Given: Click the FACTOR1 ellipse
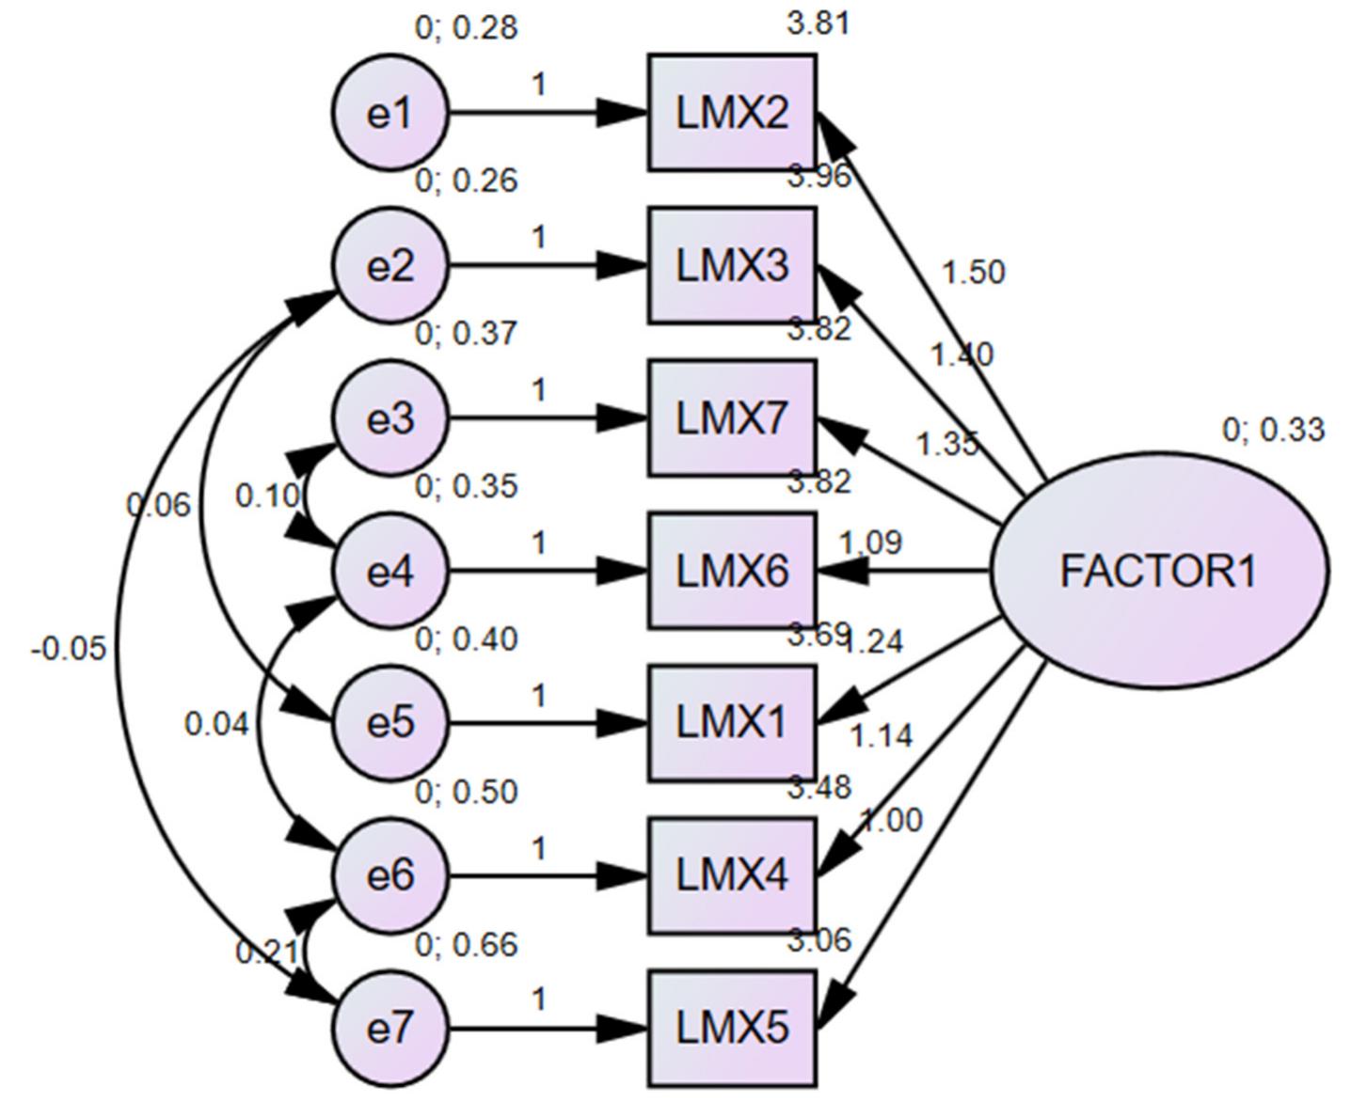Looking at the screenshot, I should tap(1159, 571).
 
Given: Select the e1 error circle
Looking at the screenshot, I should tap(390, 114).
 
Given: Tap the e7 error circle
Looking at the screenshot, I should tap(390, 1029).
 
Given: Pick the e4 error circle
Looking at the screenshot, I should tap(390, 571).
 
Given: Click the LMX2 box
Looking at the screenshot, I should tap(732, 114).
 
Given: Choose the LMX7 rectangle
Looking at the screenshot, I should tap(732, 418).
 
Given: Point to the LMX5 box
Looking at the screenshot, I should tap(732, 1029).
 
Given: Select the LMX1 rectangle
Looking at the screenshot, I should tap(732, 723).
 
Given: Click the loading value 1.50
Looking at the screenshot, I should tap(973, 273).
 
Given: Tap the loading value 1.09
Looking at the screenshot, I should tap(870, 543).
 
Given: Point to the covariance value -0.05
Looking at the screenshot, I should tap(69, 649).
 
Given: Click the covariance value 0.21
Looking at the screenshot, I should tap(266, 953).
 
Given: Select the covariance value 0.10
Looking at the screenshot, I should tap(267, 496).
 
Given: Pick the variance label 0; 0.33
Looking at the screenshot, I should tap(1273, 430).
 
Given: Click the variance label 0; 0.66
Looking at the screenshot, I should tap(467, 944).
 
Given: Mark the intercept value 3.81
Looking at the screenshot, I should tap(819, 24).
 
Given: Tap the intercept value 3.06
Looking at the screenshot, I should tap(819, 939).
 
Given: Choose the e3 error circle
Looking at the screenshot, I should tap(390, 418).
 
